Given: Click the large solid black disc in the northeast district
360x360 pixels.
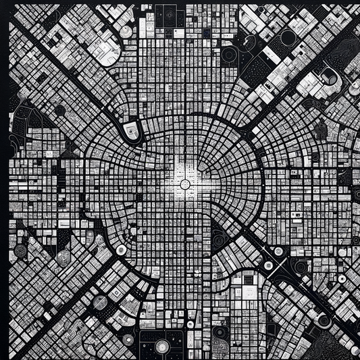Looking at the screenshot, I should (288, 38).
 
